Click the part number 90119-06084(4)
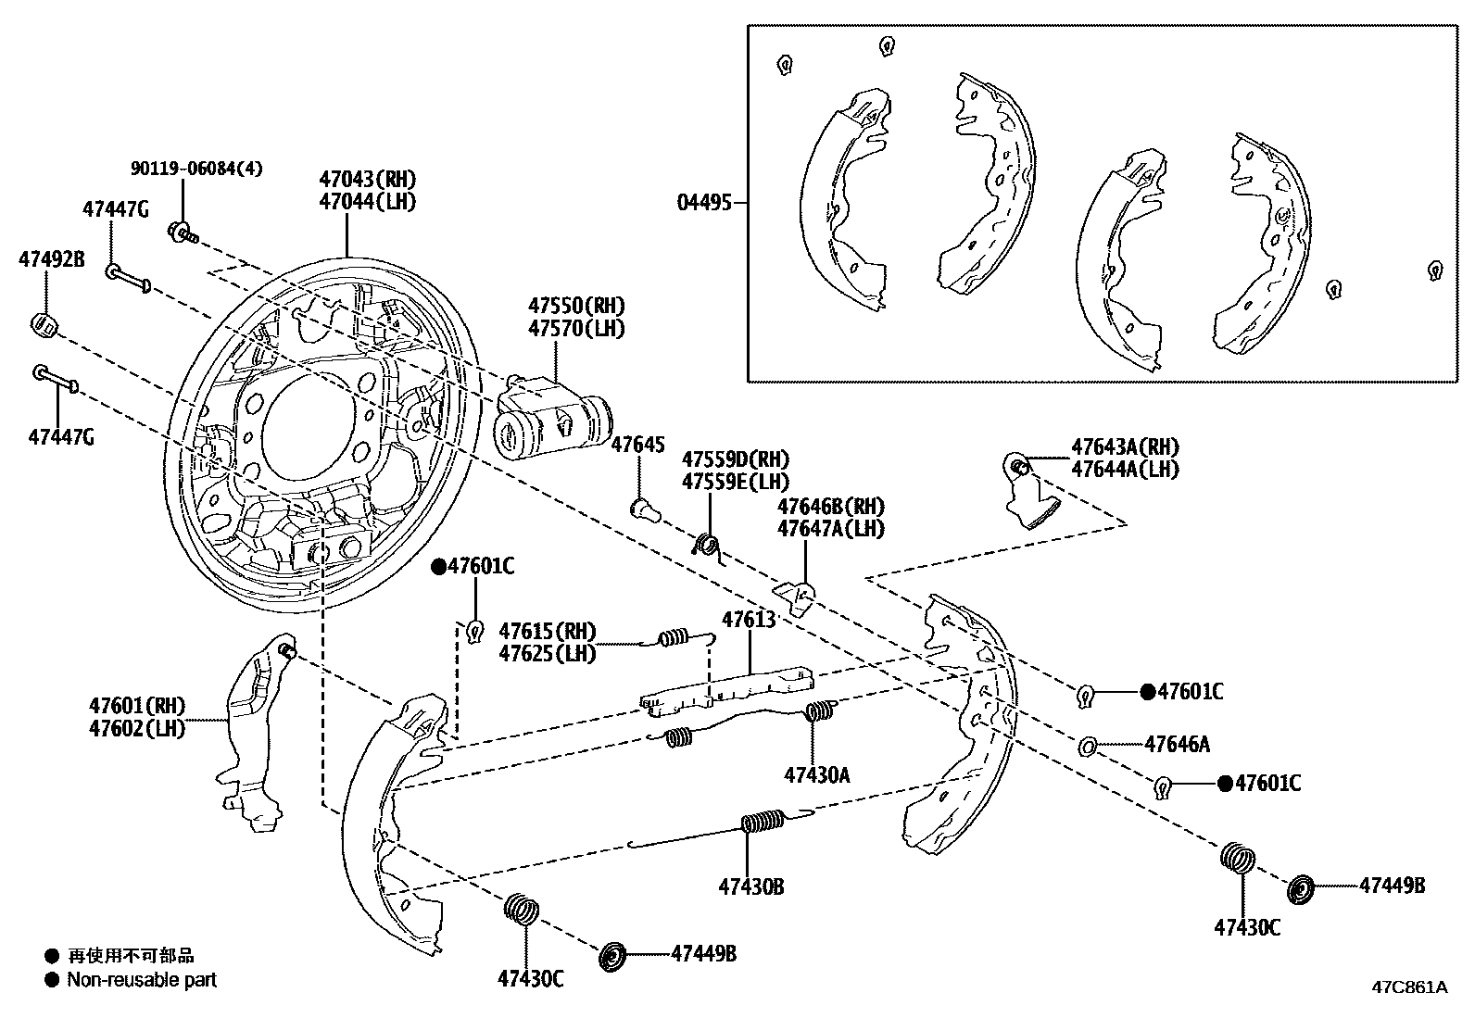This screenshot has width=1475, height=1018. pos(196,169)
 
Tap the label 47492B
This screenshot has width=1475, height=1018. pos(51,260)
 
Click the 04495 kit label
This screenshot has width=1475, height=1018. pos(703,202)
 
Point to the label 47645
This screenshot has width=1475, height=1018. pos(637,445)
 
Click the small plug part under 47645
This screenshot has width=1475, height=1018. pos(641,509)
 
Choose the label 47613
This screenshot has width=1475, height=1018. pos(749,620)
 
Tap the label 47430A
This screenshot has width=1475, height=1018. pos(816,774)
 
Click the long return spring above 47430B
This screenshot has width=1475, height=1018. pos(763,822)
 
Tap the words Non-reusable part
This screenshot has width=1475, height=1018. pos(142,979)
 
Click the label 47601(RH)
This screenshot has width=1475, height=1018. pos(137,707)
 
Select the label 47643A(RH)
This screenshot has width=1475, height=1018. pos(1125,447)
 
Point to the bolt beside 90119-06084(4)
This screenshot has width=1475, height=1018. pos(181,232)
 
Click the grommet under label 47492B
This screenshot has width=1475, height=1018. pos(45,324)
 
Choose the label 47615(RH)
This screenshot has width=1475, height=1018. pos(547,632)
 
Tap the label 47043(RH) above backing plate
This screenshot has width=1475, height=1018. pos(368,179)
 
